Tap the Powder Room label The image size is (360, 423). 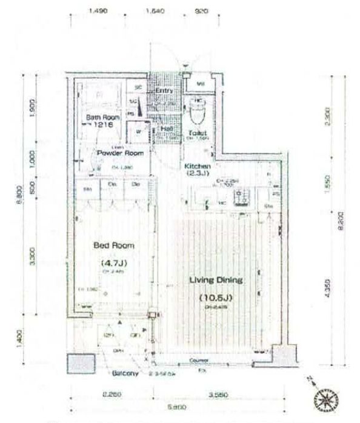120,153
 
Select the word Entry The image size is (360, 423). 164,90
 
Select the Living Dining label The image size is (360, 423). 216,281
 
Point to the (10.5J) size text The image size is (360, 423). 216,298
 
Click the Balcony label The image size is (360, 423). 125,373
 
